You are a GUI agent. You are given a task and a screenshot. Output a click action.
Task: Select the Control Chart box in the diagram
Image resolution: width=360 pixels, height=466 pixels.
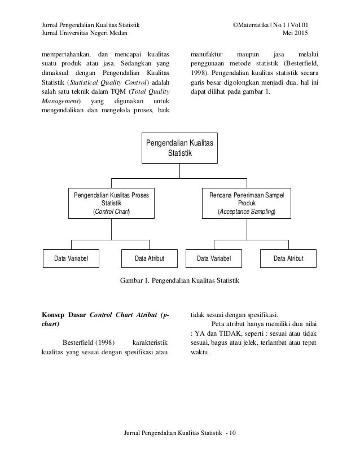[111, 203]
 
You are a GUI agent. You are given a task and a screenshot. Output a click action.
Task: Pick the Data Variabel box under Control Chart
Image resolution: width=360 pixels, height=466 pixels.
[72, 258]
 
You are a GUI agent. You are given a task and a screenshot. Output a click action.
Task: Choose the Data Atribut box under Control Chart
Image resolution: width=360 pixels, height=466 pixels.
[149, 258]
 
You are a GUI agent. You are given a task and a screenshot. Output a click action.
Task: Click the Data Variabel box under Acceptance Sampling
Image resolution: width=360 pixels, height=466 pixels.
[214, 258]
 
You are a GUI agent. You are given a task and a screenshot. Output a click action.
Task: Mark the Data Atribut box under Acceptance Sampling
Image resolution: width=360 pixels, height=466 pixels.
[288, 258]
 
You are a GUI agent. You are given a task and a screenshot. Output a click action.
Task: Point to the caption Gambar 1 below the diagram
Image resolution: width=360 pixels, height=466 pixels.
[180, 280]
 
